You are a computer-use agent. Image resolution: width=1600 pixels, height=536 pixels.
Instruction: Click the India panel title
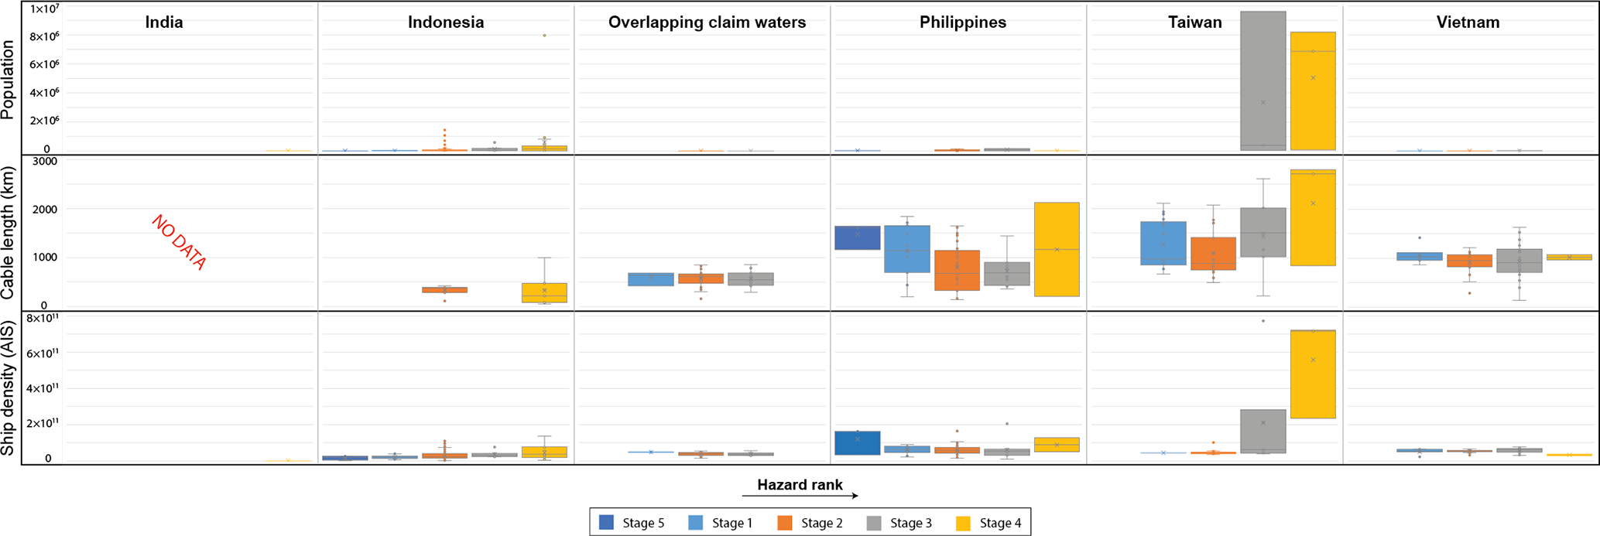pyautogui.click(x=164, y=22)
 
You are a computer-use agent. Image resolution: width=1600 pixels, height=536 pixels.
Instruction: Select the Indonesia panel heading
pyautogui.click(x=446, y=22)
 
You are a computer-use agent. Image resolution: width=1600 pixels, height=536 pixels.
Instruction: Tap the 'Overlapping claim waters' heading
pyautogui.click(x=707, y=22)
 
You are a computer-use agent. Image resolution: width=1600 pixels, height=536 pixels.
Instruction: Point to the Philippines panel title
pyautogui.click(x=963, y=22)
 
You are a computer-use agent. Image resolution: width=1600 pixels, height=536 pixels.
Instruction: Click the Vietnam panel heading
pyautogui.click(x=1468, y=22)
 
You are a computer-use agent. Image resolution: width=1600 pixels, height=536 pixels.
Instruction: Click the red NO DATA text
pyautogui.click(x=179, y=243)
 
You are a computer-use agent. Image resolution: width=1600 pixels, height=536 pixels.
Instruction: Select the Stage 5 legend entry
pyautogui.click(x=632, y=523)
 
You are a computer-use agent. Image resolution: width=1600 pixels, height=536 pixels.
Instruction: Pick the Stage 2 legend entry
pyautogui.click(x=810, y=523)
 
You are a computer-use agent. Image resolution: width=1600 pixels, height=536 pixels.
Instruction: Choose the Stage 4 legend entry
pyautogui.click(x=988, y=523)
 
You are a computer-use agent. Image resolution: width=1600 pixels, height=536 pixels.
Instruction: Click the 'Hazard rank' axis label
pyautogui.click(x=800, y=485)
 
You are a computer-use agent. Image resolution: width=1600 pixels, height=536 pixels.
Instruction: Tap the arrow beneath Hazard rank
pyautogui.click(x=800, y=496)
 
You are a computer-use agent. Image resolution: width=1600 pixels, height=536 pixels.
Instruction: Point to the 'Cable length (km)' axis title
pyautogui.click(x=9, y=232)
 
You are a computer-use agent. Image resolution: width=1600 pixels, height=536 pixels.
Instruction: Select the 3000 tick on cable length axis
pyautogui.click(x=44, y=162)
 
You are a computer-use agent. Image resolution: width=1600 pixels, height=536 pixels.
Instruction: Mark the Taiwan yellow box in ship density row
pyautogui.click(x=1313, y=374)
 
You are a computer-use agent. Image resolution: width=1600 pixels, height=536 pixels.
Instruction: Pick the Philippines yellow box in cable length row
pyautogui.click(x=1057, y=249)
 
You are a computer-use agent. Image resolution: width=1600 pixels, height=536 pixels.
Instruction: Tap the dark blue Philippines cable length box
pyautogui.click(x=857, y=237)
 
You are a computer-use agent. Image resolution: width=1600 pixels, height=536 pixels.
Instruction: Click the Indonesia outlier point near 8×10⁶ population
pyautogui.click(x=544, y=36)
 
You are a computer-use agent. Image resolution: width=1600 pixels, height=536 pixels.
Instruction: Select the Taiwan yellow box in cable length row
pyautogui.click(x=1313, y=217)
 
